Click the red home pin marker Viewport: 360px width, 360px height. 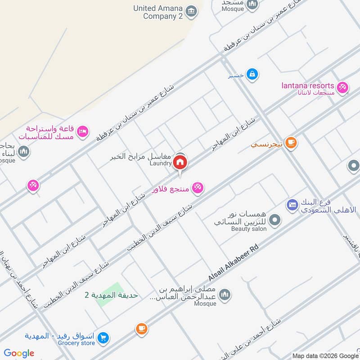tap(180, 162)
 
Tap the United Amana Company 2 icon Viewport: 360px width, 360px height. tap(191, 10)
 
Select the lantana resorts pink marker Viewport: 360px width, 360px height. tap(342, 87)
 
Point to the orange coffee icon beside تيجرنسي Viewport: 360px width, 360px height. tap(291, 143)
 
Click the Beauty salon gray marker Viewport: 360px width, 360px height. tap(276, 220)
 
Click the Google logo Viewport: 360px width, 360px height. tap(19, 354)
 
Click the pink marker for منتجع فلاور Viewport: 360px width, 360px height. tap(197, 187)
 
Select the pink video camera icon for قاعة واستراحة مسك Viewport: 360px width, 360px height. tap(82, 131)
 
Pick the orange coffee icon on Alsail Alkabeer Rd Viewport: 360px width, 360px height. tap(142, 329)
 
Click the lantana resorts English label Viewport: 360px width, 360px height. tap(308, 85)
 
